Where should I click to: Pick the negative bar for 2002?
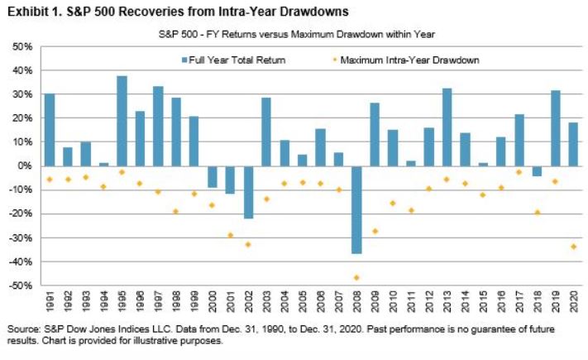[249, 192]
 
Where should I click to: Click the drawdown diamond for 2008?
[356, 278]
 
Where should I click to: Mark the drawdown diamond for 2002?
[249, 244]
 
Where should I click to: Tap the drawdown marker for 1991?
[50, 180]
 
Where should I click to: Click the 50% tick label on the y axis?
[22, 46]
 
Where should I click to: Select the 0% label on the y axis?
[26, 166]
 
